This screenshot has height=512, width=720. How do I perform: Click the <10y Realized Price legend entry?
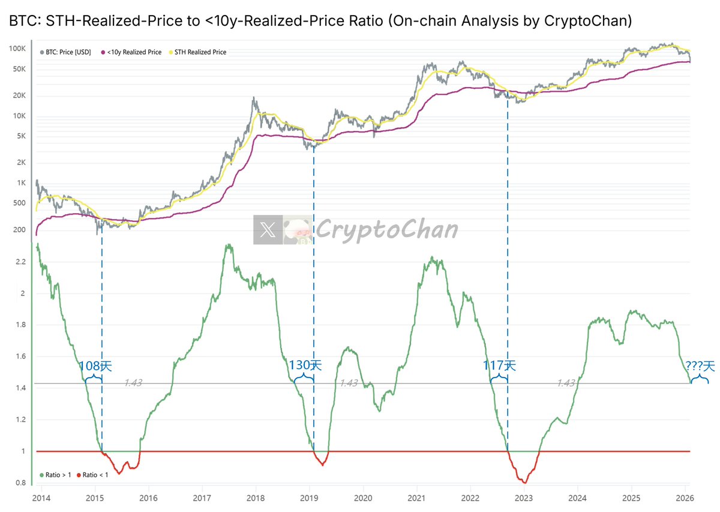click(x=134, y=52)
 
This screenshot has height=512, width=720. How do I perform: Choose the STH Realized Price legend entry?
click(x=200, y=52)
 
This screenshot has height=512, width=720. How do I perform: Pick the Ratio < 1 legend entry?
click(x=95, y=475)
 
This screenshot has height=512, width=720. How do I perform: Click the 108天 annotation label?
click(x=95, y=366)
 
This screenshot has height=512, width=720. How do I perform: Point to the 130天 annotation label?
click(x=305, y=365)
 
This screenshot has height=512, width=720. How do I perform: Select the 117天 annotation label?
click(x=499, y=365)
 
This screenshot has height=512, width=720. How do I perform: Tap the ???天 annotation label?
click(x=700, y=366)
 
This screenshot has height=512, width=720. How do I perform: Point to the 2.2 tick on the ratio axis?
click(x=21, y=262)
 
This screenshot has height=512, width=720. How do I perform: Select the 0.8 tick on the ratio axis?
click(x=21, y=483)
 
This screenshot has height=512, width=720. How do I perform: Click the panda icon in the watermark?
click(x=298, y=230)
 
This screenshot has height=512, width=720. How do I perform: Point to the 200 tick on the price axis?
click(x=19, y=230)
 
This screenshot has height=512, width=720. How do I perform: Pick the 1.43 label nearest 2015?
click(x=133, y=383)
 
